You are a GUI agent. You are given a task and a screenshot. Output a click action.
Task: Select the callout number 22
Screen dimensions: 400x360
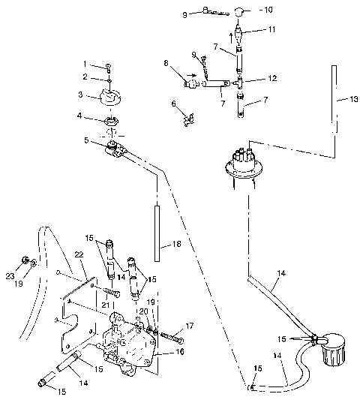[78, 255]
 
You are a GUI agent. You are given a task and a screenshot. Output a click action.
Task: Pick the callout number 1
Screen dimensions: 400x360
[85, 65]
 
